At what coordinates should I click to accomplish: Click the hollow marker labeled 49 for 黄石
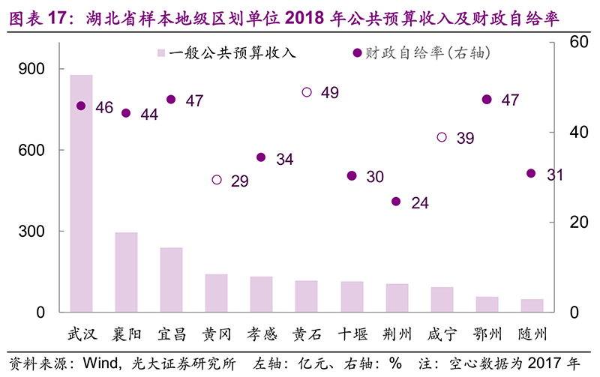307,92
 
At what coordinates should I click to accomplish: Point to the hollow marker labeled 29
217,180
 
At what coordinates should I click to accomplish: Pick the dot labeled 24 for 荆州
396,202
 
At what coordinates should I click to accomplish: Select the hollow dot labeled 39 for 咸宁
442,137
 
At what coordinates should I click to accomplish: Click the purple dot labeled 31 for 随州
531,173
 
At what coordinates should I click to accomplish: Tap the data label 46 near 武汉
104,108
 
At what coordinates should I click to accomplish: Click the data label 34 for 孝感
284,160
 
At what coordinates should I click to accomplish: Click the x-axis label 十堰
351,334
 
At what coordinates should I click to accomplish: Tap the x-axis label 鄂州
487,334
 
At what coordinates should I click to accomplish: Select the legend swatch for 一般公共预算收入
160,53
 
